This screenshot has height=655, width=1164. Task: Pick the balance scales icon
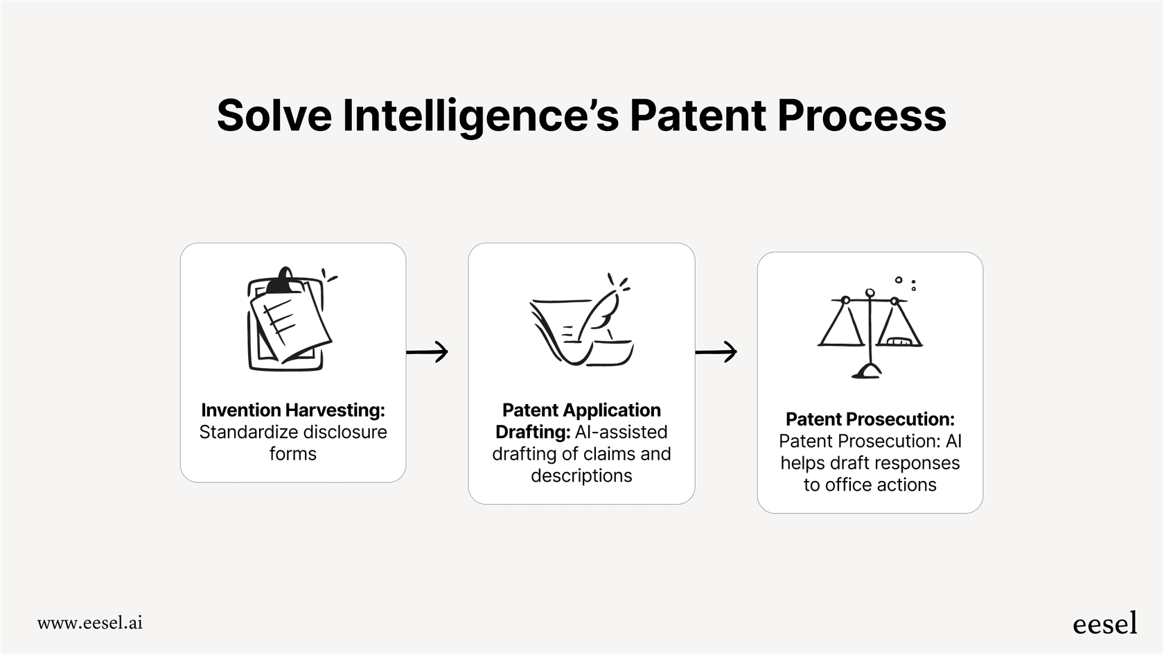(870, 329)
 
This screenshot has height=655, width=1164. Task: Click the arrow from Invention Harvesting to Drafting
(427, 352)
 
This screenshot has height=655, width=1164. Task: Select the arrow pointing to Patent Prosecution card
(716, 352)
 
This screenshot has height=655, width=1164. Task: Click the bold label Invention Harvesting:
(292, 410)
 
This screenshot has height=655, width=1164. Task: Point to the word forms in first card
(292, 454)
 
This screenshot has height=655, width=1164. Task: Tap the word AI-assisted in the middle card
(621, 433)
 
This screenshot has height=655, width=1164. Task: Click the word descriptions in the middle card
(581, 476)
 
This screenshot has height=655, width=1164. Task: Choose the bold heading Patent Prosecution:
(870, 419)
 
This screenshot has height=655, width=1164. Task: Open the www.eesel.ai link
(90, 622)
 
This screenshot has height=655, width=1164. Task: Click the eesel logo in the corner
(1104, 623)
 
